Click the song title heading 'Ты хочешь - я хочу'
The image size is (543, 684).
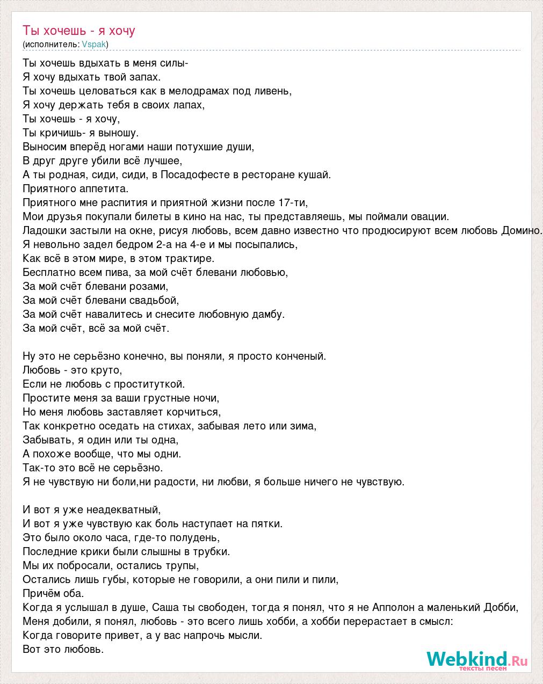pyautogui.click(x=79, y=31)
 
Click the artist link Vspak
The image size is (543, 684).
pyautogui.click(x=94, y=44)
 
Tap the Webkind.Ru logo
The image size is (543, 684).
pyautogui.click(x=477, y=660)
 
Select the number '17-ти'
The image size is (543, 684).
pyautogui.click(x=293, y=202)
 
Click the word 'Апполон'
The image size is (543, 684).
pyautogui.click(x=391, y=607)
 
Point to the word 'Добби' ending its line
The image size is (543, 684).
pyautogui.click(x=502, y=607)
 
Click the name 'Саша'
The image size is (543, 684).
pyautogui.click(x=164, y=607)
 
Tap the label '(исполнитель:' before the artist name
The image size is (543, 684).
pyautogui.click(x=51, y=44)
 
